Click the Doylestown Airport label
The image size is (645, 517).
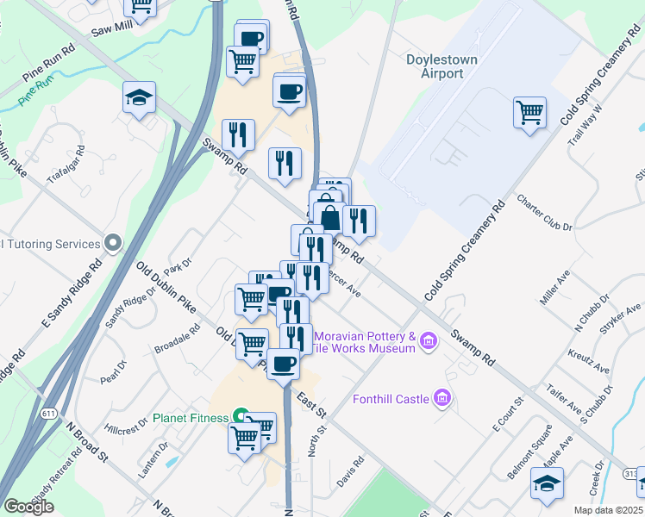(x=448, y=66)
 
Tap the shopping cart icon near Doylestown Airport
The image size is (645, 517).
(x=529, y=111)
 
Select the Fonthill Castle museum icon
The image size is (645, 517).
(x=443, y=398)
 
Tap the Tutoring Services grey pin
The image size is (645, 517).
(x=112, y=244)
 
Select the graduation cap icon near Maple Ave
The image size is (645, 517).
(x=547, y=483)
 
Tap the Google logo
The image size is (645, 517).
(x=28, y=506)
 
